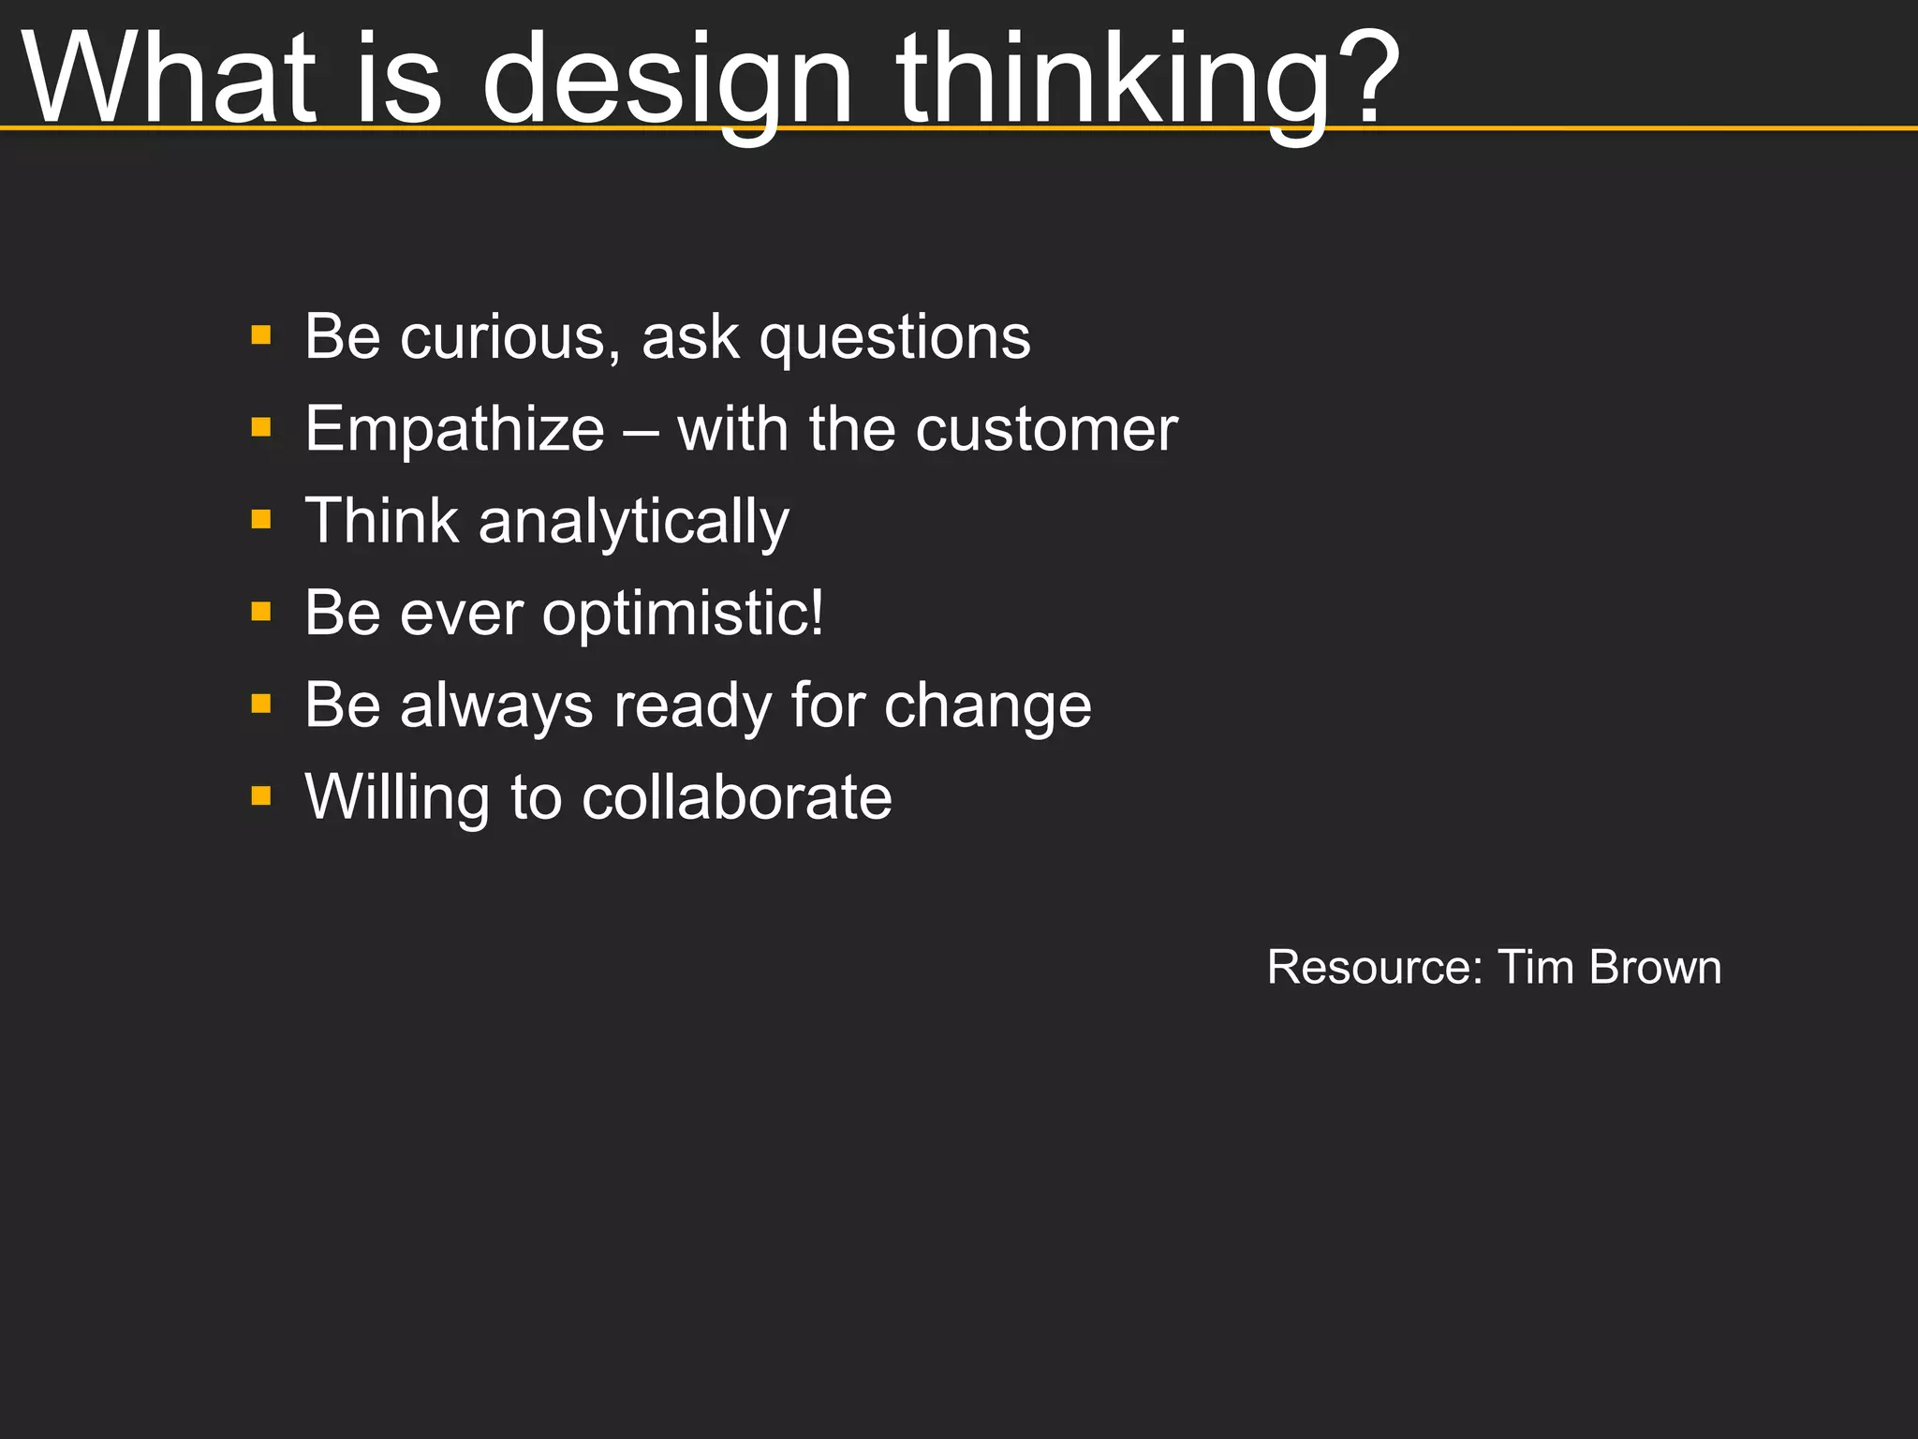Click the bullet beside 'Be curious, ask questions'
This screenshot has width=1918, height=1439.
tap(261, 335)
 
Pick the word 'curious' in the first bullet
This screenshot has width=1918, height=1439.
tap(510, 336)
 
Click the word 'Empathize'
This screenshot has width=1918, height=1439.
tap(455, 430)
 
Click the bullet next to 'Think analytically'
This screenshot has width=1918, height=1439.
tap(261, 519)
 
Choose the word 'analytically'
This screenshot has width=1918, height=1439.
tap(634, 523)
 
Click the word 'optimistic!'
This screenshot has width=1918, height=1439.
tap(683, 615)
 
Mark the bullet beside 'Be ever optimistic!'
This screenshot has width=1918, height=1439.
tap(261, 612)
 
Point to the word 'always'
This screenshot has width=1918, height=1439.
tap(496, 705)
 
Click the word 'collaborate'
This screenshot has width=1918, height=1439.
tap(736, 797)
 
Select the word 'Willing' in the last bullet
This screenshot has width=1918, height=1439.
tap(397, 799)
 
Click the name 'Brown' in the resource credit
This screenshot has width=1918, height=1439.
tap(1655, 967)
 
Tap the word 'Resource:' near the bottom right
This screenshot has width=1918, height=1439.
tap(1375, 967)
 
